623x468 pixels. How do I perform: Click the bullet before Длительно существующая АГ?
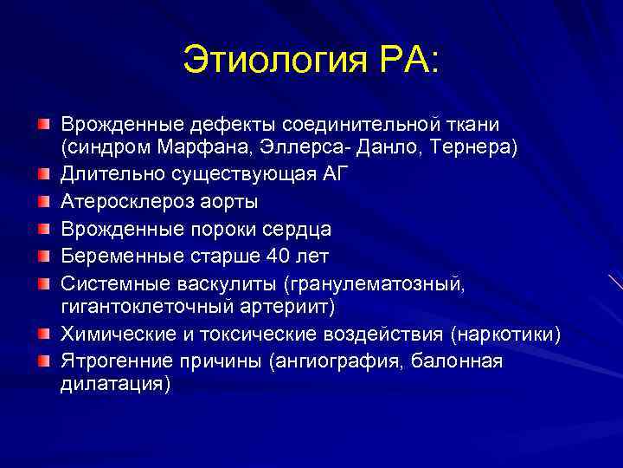[43, 175]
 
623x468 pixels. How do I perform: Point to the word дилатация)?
[115, 383]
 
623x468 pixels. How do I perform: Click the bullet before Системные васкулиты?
[43, 283]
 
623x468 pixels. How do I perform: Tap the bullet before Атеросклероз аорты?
[43, 202]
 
